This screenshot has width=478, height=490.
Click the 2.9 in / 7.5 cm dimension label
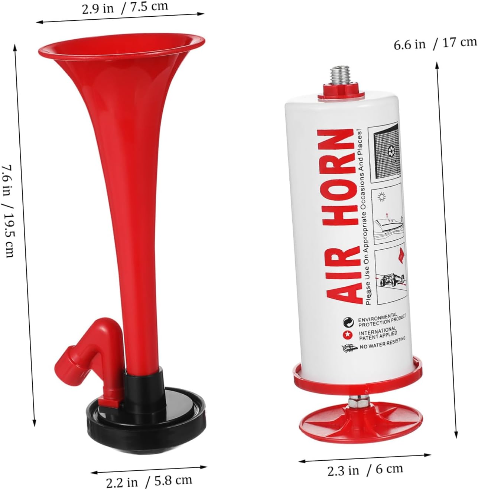[x=125, y=8]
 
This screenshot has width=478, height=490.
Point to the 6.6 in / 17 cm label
[x=435, y=44]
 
